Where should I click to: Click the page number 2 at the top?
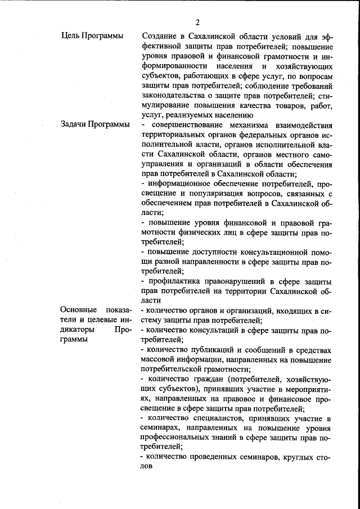[x=197, y=22]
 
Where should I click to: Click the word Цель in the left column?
[x=70, y=36]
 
